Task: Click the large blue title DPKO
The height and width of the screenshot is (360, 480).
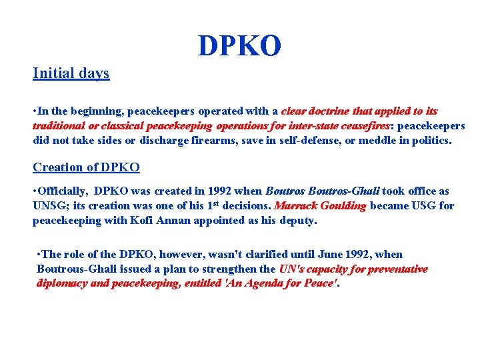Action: pos(239,45)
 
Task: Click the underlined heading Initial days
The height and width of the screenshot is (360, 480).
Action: pos(71,73)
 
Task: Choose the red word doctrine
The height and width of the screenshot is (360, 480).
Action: pos(332,111)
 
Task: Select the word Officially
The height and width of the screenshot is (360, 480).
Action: pos(62,191)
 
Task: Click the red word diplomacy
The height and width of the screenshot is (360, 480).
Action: pos(63,283)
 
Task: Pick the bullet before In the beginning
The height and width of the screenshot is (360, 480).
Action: pos(35,111)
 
